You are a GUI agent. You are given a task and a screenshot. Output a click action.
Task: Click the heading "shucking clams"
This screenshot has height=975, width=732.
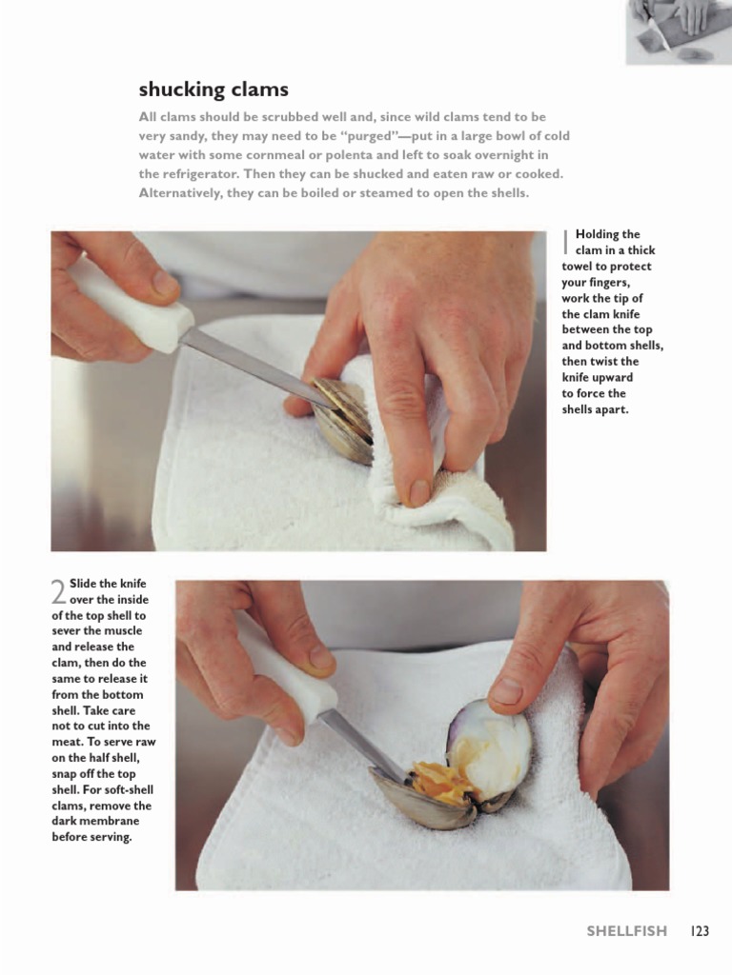(x=213, y=90)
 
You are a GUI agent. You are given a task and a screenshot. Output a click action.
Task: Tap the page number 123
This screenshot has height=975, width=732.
(x=701, y=931)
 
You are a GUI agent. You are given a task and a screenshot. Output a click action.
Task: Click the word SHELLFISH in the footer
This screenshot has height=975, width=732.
(x=626, y=931)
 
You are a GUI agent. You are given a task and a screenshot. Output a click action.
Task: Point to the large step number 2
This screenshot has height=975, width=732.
(x=58, y=593)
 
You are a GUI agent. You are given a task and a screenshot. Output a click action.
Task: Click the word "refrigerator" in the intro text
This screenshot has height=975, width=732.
(x=200, y=174)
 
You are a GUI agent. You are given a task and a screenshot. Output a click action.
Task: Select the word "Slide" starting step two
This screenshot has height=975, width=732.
(x=87, y=583)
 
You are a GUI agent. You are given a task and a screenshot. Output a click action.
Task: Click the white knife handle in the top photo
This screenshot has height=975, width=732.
(x=128, y=305)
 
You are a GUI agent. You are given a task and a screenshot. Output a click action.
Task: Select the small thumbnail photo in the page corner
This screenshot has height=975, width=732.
(x=678, y=31)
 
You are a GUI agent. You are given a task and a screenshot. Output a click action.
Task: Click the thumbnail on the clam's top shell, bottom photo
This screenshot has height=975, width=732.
(x=506, y=692)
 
